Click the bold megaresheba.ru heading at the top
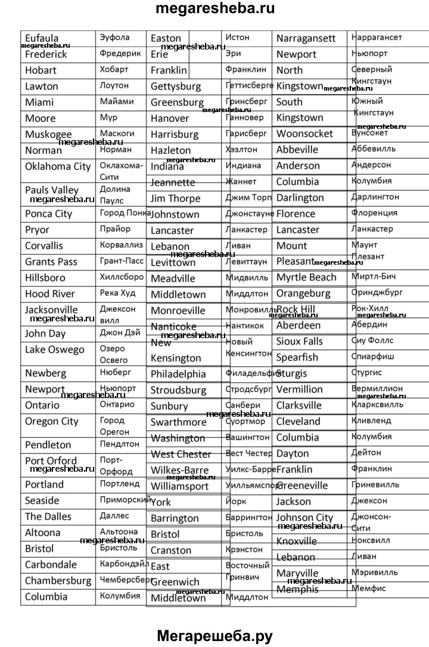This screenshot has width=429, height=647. tap(214, 10)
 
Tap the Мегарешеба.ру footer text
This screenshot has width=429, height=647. tap(214, 636)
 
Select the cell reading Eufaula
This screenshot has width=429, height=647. tap(42, 39)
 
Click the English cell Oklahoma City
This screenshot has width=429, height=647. tap(58, 166)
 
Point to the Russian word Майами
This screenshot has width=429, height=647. tap(117, 101)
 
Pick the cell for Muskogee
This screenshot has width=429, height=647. tap(48, 134)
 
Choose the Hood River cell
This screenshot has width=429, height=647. tap(50, 293)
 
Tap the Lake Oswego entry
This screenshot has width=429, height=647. tap(55, 349)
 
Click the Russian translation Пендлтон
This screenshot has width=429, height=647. tap(120, 444)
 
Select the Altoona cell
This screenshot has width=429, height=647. tap(43, 533)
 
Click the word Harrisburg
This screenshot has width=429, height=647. tap(175, 134)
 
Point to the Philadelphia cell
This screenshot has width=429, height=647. tap(178, 374)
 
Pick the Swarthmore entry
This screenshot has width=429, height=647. tap(178, 422)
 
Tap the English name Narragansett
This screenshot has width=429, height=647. tap(306, 38)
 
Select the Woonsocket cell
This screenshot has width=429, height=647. tap(305, 134)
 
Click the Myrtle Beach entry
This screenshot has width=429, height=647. tap(306, 277)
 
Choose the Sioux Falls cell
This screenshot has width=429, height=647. tap(300, 341)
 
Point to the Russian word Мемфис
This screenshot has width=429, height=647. tap(369, 588)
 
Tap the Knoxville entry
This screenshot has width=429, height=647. tap(297, 541)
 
